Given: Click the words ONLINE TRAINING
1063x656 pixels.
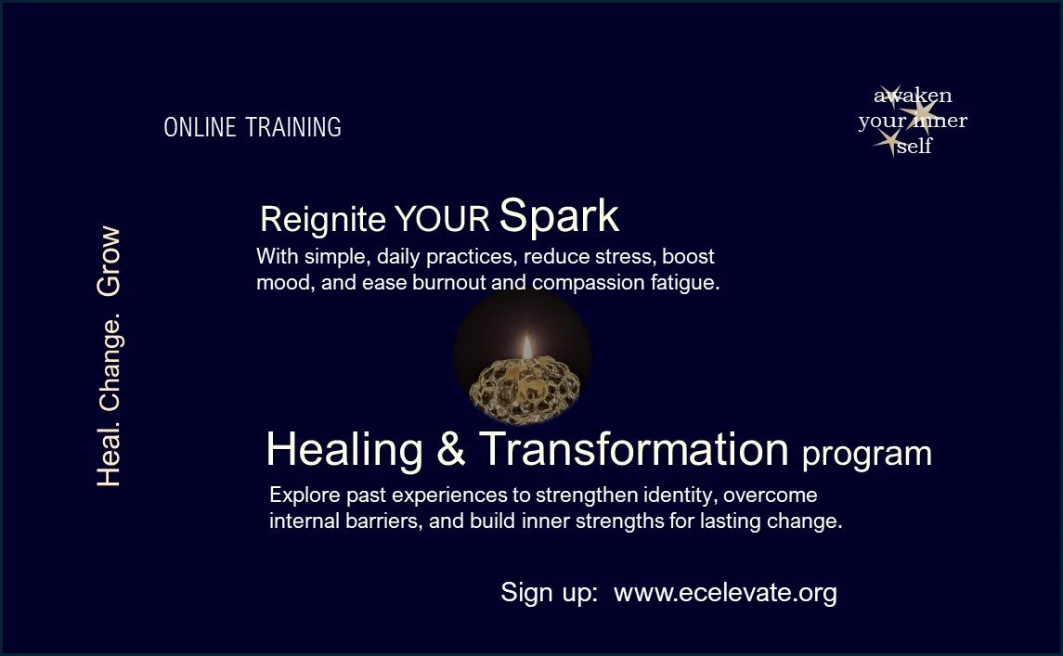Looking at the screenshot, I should [253, 127].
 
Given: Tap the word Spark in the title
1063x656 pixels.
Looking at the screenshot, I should [559, 216].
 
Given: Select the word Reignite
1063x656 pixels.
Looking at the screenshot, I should [322, 220].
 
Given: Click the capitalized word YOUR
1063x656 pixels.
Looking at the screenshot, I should [442, 220].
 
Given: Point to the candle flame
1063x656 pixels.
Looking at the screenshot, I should [525, 346].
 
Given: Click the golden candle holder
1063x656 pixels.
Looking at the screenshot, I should [523, 381].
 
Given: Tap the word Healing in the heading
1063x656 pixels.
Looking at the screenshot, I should [344, 450].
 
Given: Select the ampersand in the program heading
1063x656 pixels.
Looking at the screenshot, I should [450, 450].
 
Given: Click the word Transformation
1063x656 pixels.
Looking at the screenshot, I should [633, 450].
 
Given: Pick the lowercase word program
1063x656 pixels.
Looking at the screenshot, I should [866, 455].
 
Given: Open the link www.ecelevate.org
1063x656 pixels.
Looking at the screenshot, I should [725, 593].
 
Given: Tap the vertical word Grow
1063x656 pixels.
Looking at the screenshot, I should [109, 262].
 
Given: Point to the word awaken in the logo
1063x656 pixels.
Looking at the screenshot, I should [913, 96].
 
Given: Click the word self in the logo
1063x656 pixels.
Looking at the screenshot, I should [914, 148].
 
